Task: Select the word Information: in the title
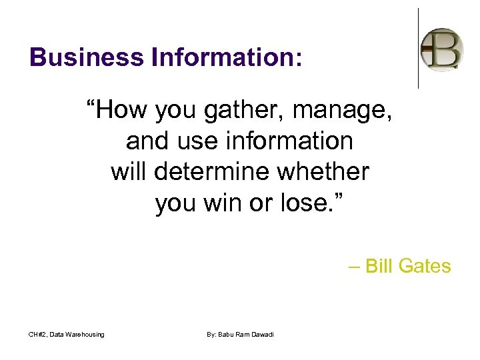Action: pyautogui.click(x=227, y=57)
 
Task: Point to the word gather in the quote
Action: pyautogui.click(x=221, y=111)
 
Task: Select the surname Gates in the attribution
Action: pyautogui.click(x=425, y=267)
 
